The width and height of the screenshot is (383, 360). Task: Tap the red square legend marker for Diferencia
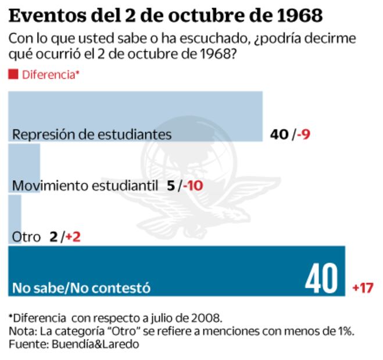(13, 74)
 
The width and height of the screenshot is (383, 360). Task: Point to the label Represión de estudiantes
(92, 134)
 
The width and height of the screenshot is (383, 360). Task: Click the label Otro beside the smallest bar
(26, 237)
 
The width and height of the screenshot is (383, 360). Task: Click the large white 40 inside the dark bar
(321, 279)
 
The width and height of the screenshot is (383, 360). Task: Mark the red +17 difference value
(362, 287)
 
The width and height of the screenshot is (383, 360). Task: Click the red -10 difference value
(191, 186)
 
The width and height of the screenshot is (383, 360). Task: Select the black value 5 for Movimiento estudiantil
(170, 186)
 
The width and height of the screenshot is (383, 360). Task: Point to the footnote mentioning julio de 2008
(116, 318)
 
